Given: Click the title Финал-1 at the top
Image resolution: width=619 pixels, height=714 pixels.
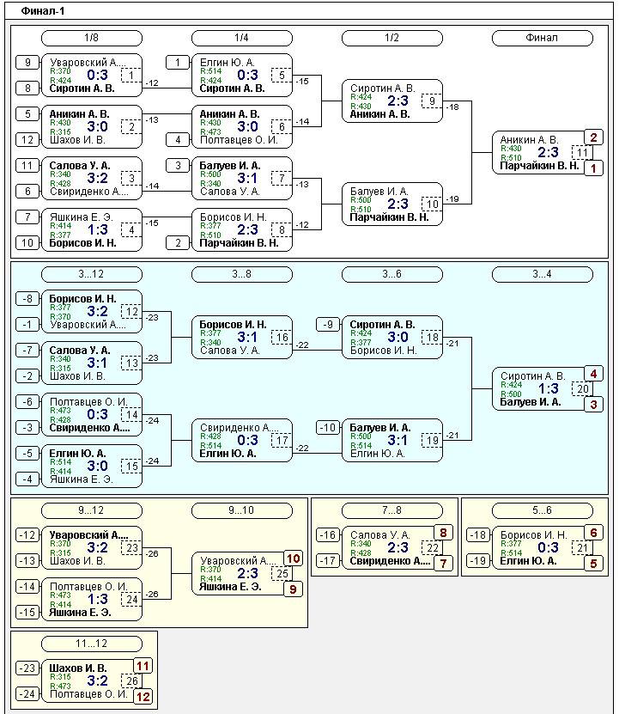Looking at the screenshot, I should click(43, 11).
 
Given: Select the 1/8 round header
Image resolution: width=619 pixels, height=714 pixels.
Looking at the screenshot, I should click(91, 38).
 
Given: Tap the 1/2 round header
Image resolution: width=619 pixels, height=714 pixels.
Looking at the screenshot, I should click(391, 38).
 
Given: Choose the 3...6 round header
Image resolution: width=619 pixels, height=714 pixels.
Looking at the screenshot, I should click(391, 274).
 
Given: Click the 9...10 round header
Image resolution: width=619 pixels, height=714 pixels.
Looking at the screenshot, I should click(241, 510).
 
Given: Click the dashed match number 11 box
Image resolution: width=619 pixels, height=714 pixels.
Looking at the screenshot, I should click(582, 153).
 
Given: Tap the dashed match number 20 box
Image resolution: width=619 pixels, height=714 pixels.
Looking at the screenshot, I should click(582, 389).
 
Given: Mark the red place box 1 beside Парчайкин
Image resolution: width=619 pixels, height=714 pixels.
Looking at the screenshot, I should click(594, 168).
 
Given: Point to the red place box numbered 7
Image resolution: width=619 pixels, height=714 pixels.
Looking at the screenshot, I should click(444, 564).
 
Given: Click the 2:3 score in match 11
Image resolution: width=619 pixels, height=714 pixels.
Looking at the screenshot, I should click(549, 153).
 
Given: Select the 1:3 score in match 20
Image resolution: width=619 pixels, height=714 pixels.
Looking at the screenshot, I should click(549, 389).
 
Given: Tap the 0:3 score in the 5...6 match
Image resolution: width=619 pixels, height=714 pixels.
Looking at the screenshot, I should click(549, 548).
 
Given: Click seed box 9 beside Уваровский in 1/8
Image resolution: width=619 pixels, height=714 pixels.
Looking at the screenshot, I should click(27, 62).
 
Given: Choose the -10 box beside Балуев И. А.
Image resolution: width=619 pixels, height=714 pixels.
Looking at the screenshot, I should click(328, 427).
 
